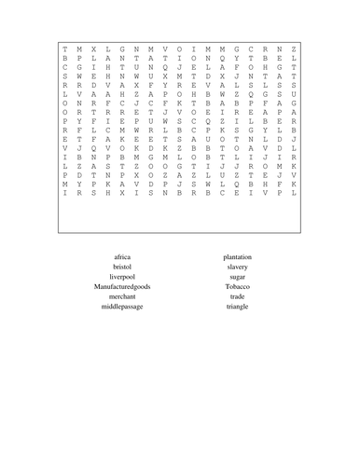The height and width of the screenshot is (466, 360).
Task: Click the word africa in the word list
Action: [122, 256]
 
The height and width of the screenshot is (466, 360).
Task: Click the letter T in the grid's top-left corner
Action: [64, 48]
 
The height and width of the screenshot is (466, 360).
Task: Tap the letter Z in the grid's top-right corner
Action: [294, 48]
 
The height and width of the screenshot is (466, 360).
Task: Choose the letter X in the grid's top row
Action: [93, 48]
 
